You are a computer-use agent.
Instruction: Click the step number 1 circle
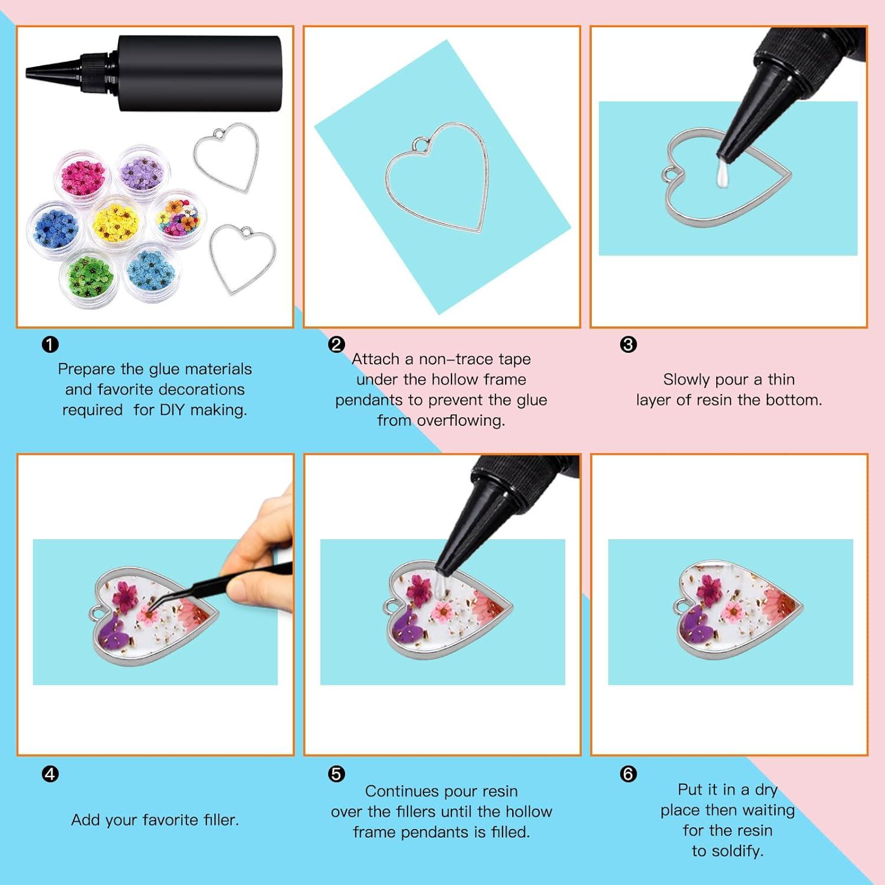(51, 345)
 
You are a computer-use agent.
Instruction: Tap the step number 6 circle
(629, 774)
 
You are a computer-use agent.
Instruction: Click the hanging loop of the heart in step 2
(419, 145)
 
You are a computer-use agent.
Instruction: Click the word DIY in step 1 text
(172, 410)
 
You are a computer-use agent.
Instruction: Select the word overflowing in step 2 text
(461, 421)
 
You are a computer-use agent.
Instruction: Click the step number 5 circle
(336, 774)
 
